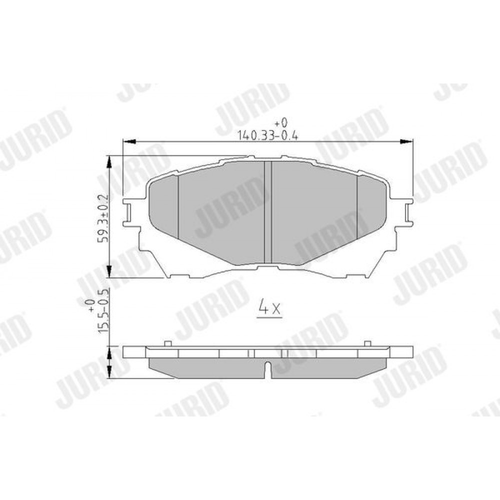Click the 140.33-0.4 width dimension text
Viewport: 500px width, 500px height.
coord(268,136)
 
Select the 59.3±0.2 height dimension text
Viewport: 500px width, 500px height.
coord(104,218)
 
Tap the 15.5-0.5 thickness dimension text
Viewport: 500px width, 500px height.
coord(104,311)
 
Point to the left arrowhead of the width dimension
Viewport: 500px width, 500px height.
coord(129,141)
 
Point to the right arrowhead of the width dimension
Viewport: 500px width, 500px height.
coord(406,141)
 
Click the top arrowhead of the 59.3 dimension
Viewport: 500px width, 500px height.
coord(109,162)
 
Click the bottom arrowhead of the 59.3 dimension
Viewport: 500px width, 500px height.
coord(109,271)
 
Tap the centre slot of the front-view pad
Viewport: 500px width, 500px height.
coord(268,212)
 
